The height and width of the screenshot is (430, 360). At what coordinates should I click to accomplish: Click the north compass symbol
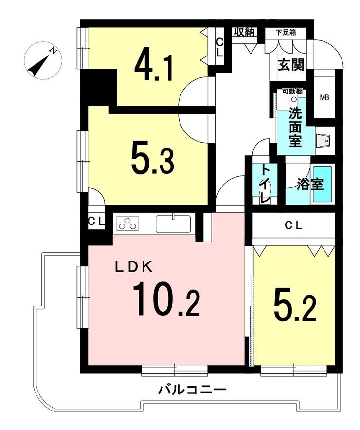[43, 61]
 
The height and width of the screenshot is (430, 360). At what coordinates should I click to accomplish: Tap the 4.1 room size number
[153, 67]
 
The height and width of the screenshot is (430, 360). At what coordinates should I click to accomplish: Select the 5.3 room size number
[153, 160]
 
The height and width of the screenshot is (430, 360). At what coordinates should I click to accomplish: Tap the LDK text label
[134, 266]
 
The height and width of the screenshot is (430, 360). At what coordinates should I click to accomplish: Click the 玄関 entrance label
[291, 65]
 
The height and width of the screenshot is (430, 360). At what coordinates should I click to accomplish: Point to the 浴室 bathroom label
[310, 185]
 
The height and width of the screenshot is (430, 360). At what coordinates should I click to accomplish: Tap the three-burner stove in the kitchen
[127, 223]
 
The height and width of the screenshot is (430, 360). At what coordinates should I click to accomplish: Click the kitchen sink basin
[173, 224]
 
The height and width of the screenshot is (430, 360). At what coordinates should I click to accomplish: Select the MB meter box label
[324, 97]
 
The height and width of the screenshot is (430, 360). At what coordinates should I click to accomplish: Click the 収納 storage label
[245, 32]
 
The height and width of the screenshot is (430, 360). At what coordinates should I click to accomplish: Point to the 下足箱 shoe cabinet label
[286, 32]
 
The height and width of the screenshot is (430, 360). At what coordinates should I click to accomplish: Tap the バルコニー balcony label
[192, 390]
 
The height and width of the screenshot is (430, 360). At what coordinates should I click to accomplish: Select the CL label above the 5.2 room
[293, 225]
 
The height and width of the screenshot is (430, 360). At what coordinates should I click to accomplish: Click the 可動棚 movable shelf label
[292, 92]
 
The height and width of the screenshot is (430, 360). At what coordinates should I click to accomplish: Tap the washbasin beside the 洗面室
[324, 141]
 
